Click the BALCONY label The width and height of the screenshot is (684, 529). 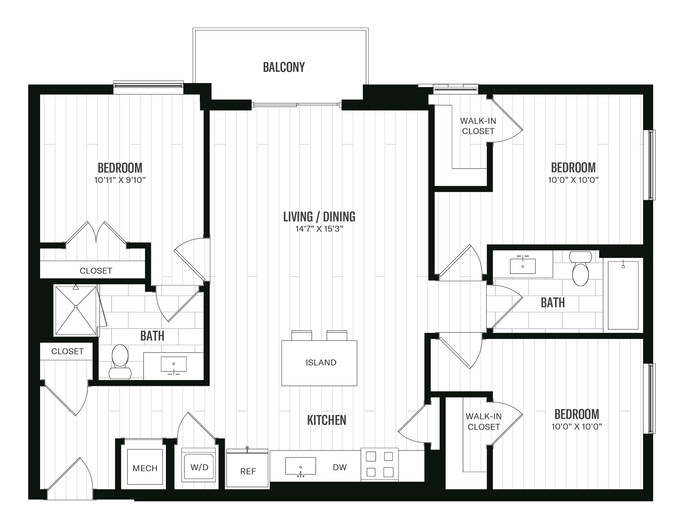click(x=284, y=67)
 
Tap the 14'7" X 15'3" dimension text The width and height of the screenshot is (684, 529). click(x=319, y=229)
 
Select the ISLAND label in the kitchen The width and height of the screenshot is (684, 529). click(x=321, y=363)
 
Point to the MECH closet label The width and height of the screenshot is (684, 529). click(x=145, y=468)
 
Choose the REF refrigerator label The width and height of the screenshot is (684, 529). click(x=248, y=471)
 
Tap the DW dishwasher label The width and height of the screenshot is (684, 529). click(x=340, y=467)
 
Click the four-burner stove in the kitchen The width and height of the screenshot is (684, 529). click(x=379, y=464)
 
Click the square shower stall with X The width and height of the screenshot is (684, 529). click(x=76, y=310)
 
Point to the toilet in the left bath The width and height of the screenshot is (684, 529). click(x=120, y=362)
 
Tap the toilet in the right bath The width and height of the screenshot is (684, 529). click(x=580, y=268)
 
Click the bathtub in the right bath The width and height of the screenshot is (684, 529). click(x=623, y=295)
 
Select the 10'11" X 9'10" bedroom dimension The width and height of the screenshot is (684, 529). click(x=120, y=180)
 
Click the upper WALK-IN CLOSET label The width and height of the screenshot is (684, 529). click(x=478, y=126)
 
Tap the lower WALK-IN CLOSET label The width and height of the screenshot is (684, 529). click(x=484, y=421)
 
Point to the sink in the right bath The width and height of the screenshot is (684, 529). click(x=523, y=266)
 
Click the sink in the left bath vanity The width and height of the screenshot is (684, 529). click(x=173, y=364)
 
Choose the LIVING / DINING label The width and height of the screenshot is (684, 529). click(x=319, y=216)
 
